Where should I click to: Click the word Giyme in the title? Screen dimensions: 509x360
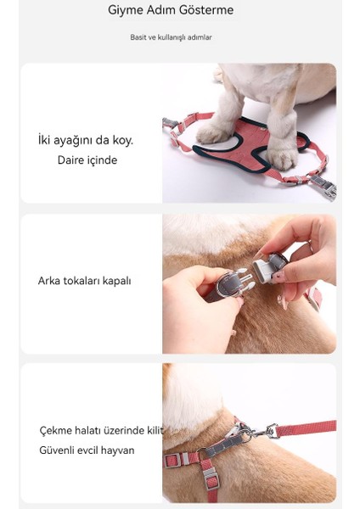(125, 11)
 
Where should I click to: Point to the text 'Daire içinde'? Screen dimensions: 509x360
(87, 159)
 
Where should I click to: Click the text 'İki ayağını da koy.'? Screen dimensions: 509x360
(86, 140)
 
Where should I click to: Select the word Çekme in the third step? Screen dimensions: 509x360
(56, 431)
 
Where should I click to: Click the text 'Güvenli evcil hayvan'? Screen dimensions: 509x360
(87, 450)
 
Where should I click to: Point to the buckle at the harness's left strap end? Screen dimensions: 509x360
(172, 125)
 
